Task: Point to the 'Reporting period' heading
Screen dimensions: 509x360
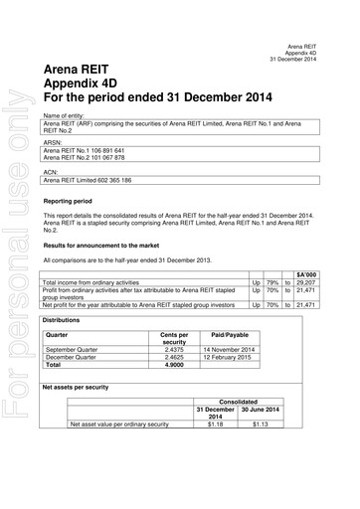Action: [69, 201]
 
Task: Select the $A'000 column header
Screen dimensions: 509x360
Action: [306, 272]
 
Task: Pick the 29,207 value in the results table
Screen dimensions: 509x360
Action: [305, 281]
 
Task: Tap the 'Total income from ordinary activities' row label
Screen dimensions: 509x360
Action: [98, 281]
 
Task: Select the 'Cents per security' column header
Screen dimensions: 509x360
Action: [167, 339]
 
